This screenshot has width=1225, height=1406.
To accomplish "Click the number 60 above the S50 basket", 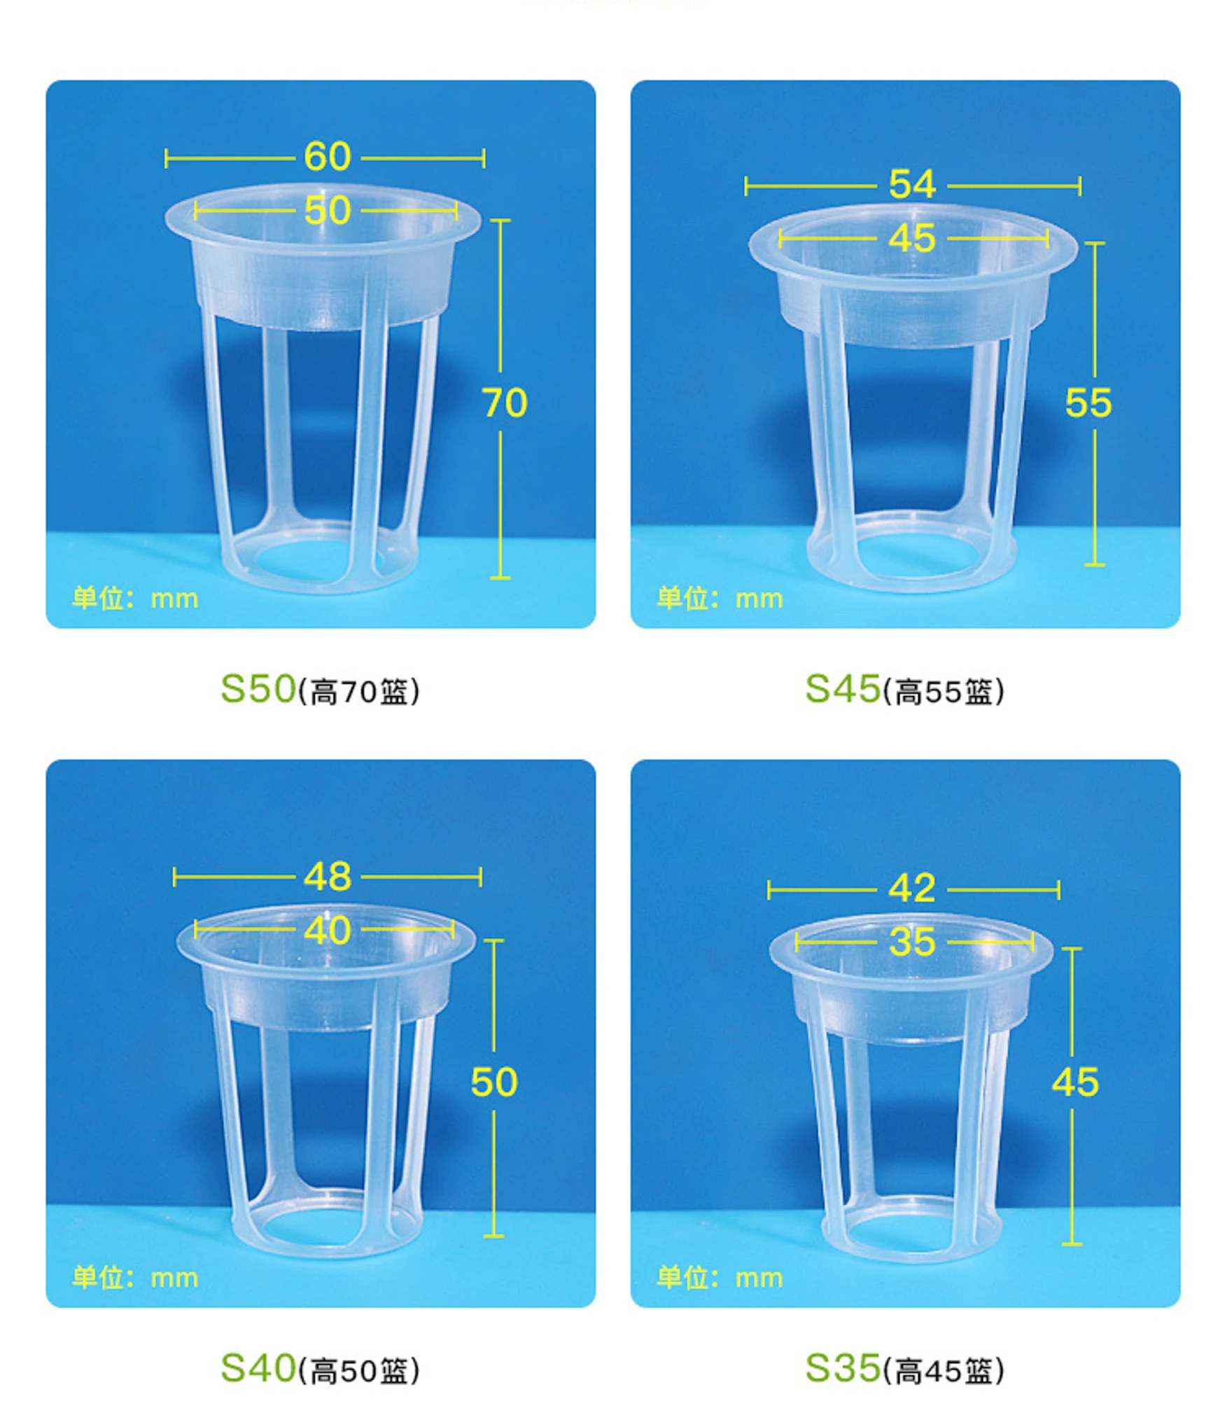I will tap(327, 157).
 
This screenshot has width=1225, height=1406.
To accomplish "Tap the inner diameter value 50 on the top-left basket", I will tap(327, 211).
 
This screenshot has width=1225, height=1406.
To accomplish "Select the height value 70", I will tap(504, 403).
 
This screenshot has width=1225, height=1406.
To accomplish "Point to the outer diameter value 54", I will tap(911, 185).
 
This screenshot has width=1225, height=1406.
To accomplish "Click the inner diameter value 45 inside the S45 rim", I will tap(911, 239).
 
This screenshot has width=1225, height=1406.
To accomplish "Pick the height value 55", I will tap(1088, 403).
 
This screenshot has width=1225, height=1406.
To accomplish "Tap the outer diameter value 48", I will tap(327, 877).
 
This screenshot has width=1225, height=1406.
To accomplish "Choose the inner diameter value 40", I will tap(327, 931).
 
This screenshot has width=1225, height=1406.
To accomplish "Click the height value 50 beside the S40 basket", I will tap(493, 1082).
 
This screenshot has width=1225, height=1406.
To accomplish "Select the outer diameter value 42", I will tap(911, 889).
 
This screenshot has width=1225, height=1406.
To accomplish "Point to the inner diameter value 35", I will tap(911, 942).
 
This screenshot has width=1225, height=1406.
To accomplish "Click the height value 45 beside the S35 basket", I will tap(1074, 1082).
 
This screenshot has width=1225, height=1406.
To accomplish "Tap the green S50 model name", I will tap(258, 689).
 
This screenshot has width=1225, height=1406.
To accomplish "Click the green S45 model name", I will tap(842, 689).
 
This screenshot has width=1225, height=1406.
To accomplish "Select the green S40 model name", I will tap(258, 1367).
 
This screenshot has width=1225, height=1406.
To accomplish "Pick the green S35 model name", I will tap(842, 1367).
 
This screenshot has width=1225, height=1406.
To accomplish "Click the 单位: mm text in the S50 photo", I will tap(135, 599).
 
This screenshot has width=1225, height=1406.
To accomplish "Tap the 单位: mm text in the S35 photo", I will tap(720, 1278).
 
